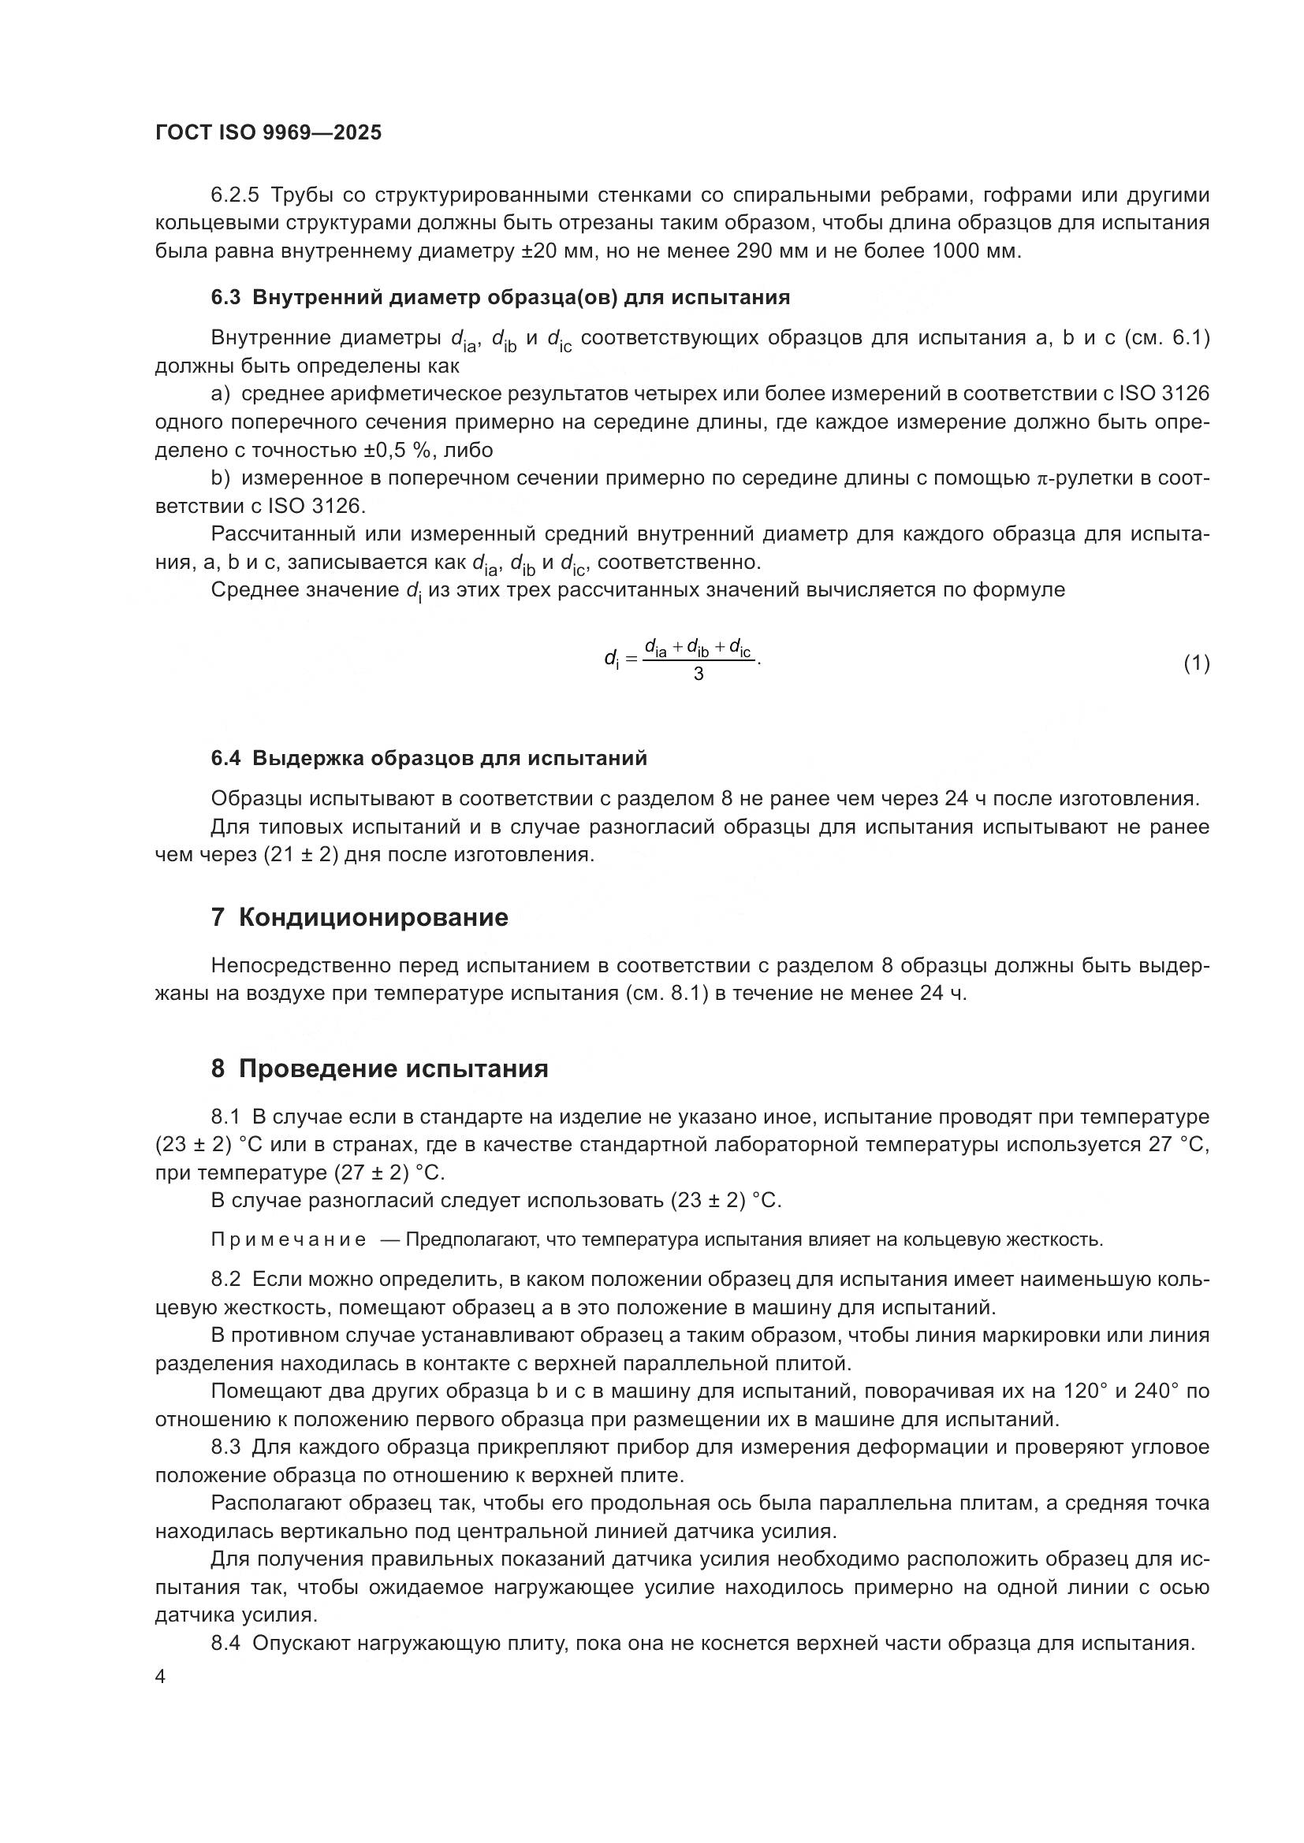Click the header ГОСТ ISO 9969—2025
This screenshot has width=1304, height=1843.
[268, 133]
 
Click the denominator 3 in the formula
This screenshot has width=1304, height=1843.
[698, 674]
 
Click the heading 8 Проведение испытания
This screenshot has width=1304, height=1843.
[379, 1068]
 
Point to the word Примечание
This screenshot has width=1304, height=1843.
[289, 1240]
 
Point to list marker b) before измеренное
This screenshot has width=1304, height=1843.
[220, 479]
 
